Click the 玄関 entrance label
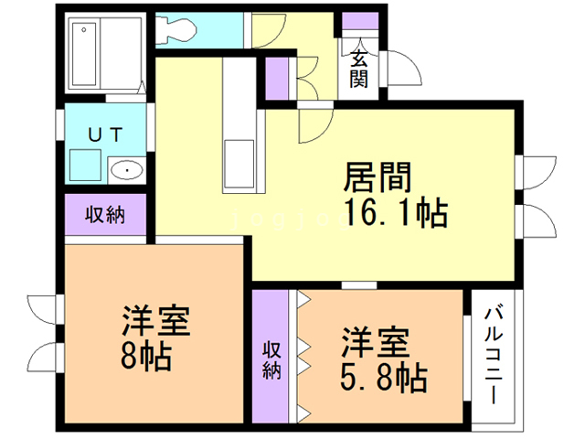pos(359,69)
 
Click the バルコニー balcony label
pos(495,358)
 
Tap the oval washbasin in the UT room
pos(125,169)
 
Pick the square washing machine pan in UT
pos(85,166)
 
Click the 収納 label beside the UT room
pos(105,216)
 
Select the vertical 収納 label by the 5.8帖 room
pos(272,359)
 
